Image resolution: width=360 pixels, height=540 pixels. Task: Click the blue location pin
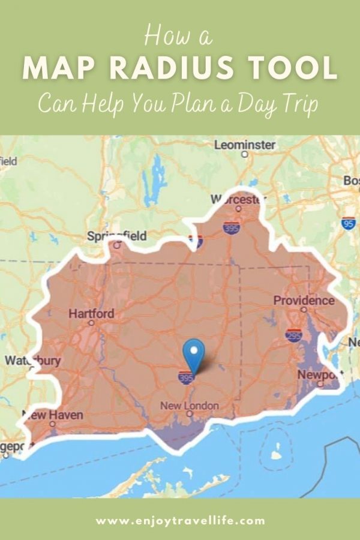pyautogui.click(x=194, y=353)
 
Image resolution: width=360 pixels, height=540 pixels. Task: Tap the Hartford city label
pyautogui.click(x=91, y=314)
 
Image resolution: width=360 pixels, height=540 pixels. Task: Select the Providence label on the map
pyautogui.click(x=304, y=300)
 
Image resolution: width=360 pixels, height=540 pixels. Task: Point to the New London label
pyautogui.click(x=190, y=406)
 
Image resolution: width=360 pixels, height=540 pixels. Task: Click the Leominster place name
pyautogui.click(x=245, y=145)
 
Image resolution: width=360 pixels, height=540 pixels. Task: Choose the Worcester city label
pyautogui.click(x=238, y=199)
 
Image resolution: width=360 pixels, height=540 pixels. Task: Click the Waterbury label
pyautogui.click(x=32, y=361)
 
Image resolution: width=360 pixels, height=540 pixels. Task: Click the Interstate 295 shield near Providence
pyautogui.click(x=293, y=335)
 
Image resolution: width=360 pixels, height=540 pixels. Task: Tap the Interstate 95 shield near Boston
pyautogui.click(x=349, y=223)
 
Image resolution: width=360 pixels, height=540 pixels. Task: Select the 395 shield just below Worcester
pyautogui.click(x=231, y=227)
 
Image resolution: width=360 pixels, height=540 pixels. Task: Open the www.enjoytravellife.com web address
pyautogui.click(x=180, y=520)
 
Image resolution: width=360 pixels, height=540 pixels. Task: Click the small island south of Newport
pyautogui.click(x=276, y=454)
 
